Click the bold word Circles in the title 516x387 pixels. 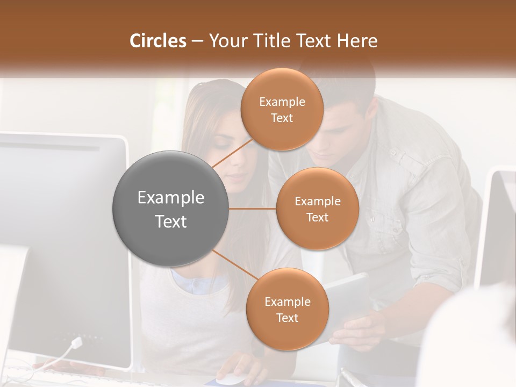point(157,41)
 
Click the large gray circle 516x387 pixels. point(170,209)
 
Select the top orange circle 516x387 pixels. point(282,109)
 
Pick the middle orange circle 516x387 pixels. point(317,209)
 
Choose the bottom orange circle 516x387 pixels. point(287,309)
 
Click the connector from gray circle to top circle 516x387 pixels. point(232,153)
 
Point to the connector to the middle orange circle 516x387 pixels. point(252,209)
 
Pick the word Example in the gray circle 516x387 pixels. point(170,198)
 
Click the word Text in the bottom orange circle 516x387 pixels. point(287,318)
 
